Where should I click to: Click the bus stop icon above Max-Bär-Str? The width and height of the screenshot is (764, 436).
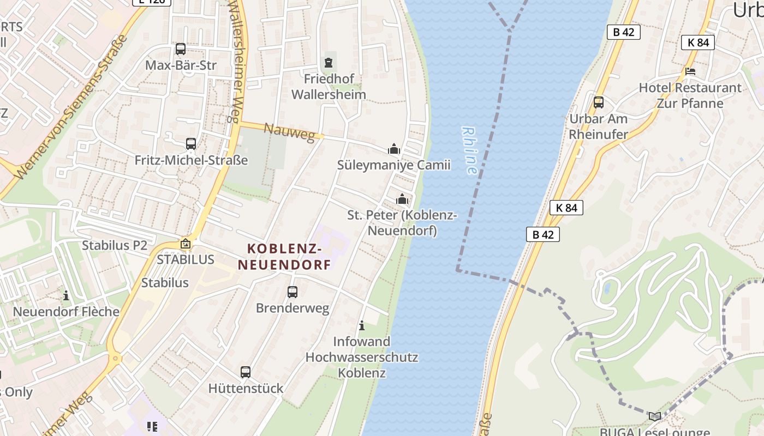pos(181,49)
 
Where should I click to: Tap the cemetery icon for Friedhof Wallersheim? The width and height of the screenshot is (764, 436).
pos(328,63)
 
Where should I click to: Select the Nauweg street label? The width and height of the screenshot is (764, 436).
pos(289,132)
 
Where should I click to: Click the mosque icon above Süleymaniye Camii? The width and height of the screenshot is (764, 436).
pos(393,149)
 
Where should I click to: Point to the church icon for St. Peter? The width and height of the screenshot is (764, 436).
pos(402,199)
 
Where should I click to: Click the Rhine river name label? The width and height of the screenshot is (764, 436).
pos(469,150)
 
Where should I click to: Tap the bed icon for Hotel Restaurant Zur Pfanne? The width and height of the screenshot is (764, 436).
pos(690,71)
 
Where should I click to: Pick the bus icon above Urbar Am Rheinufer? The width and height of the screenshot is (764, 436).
pos(599,102)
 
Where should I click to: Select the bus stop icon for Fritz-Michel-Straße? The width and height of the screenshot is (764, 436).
pos(190,144)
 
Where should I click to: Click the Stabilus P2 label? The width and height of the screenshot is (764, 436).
pos(115,245)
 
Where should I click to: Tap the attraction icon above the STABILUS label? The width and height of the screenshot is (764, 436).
pos(186,244)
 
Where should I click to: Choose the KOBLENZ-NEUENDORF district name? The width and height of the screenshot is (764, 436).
pos(284,257)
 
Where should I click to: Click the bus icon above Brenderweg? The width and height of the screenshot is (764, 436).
pos(293,292)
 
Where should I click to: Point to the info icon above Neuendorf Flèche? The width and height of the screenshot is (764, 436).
pos(66,295)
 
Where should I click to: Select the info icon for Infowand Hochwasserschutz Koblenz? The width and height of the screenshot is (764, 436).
pos(361,326)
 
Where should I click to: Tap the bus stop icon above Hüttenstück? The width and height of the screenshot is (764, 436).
pos(246,372)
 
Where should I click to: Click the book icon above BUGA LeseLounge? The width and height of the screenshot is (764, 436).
pos(654,417)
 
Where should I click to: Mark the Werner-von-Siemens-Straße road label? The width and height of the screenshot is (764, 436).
pos(71,107)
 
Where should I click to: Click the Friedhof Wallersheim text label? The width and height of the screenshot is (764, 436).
pos(329,87)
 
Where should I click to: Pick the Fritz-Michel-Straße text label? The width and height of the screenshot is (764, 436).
pos(191,160)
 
